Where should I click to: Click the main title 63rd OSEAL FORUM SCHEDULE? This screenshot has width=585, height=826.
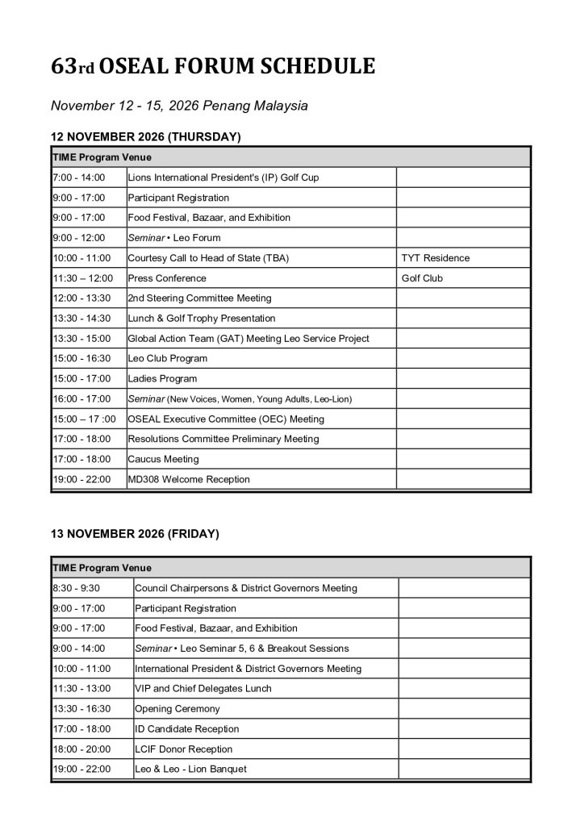[213, 67]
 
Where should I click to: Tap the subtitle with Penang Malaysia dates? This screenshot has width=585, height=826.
[179, 106]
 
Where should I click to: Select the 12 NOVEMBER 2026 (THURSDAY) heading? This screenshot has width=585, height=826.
[146, 137]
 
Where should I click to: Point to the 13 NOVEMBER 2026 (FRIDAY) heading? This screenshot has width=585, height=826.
[135, 534]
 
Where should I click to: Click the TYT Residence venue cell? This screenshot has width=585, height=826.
[435, 258]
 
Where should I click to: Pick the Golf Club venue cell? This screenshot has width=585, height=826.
[422, 278]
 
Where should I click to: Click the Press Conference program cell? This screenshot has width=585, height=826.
[167, 278]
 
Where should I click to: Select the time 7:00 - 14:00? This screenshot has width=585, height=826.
[79, 177]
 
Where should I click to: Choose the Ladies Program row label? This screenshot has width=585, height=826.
[162, 378]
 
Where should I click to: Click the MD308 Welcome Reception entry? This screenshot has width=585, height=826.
[189, 479]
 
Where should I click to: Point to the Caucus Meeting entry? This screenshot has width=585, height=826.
[163, 459]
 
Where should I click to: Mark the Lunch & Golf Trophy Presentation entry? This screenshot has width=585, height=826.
[202, 319]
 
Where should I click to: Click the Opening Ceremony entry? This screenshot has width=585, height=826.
[177, 709]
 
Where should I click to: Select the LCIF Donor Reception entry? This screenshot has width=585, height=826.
[183, 749]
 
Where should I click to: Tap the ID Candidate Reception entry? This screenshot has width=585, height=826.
[186, 729]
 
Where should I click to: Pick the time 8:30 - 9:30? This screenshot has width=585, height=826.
[76, 588]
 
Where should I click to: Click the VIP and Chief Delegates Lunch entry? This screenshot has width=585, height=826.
[203, 689]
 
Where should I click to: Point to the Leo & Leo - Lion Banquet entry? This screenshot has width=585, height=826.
[190, 770]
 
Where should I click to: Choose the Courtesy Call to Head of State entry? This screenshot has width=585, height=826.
[208, 258]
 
